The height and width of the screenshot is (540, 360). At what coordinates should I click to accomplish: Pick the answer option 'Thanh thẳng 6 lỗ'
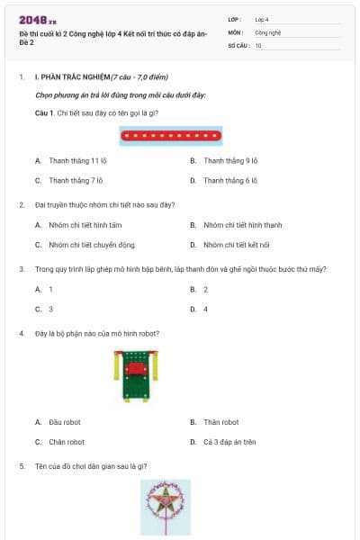230,180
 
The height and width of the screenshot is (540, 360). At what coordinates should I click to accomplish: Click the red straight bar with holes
171,137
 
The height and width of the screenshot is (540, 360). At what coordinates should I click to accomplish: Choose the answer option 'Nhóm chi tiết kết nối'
237,244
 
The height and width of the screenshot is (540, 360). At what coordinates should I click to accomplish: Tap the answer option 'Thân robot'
220,422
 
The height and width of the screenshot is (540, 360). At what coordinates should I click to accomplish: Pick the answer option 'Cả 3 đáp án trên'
229,442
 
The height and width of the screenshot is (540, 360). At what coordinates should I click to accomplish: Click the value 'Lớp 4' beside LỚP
262,19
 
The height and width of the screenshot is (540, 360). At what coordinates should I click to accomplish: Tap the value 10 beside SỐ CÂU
258,44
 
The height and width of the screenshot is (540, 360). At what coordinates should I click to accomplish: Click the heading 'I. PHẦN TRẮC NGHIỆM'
71,77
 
